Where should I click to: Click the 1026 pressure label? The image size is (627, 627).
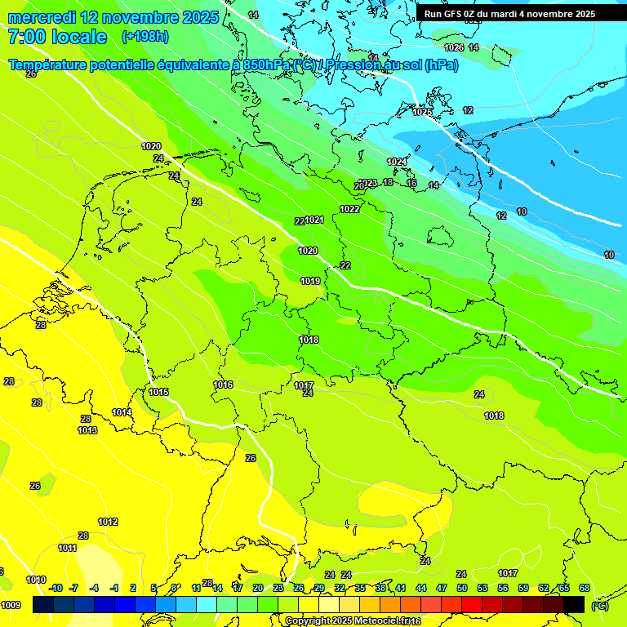[454, 48]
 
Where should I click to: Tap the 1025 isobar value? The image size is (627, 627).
[422, 112]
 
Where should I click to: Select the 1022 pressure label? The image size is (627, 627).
[349, 209]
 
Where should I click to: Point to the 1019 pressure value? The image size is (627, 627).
[310, 281]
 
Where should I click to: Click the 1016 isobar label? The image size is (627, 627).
[223, 385]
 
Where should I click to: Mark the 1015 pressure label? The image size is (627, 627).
[158, 392]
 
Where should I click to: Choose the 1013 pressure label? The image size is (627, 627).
[88, 430]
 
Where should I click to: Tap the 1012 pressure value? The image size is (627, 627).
[108, 522]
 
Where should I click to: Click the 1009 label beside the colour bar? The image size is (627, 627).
[11, 605]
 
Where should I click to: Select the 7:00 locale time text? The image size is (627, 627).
[57, 37]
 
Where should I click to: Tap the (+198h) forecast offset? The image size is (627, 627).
[145, 37]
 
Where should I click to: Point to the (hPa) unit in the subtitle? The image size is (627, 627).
[441, 64]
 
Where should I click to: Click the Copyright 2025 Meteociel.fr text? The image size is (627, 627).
[353, 621]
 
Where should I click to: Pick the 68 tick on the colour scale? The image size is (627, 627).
[585, 588]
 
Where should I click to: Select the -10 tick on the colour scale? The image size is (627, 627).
[56, 588]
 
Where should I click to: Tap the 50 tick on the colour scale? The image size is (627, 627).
[462, 588]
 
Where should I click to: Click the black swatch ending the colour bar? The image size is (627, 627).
[574, 604]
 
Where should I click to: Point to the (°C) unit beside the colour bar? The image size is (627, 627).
[600, 605]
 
